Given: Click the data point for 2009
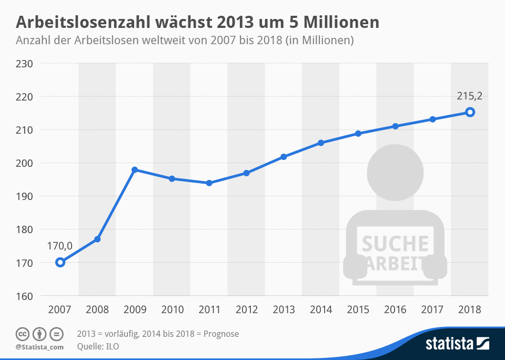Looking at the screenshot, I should tap(135, 169).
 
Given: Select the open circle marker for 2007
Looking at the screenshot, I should tap(60, 262).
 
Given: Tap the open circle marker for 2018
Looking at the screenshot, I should tap(470, 112).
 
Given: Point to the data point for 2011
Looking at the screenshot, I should tap(209, 183).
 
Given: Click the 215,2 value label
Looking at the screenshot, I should tap(469, 96).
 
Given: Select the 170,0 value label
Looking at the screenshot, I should tap(59, 245).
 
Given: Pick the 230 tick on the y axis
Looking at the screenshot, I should tap(25, 64).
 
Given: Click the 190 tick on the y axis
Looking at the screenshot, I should tap(25, 196).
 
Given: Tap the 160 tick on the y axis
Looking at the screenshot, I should tap(25, 296).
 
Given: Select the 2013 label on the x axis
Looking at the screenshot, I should tap(284, 310).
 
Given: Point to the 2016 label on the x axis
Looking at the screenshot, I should tap(395, 310).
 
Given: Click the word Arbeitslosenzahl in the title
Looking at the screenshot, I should tap(84, 23).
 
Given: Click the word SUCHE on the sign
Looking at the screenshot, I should tap(395, 244).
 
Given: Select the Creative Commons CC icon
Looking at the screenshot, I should tap(23, 334).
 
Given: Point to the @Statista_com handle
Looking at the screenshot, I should tap(39, 347).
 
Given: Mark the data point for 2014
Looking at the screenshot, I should tap(321, 143).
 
